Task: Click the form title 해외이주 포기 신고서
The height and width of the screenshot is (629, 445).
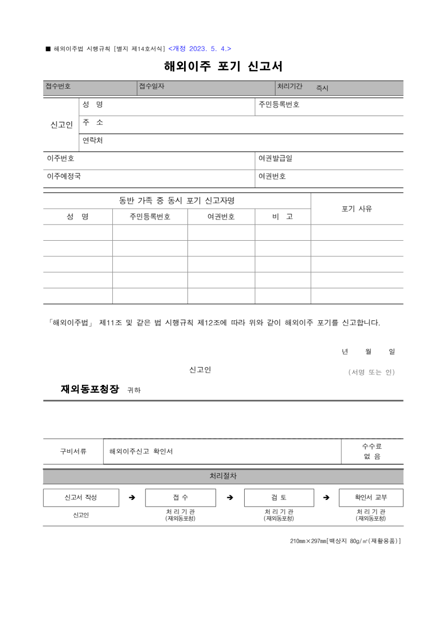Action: pos(223,66)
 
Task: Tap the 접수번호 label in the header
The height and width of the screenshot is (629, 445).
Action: pos(58,86)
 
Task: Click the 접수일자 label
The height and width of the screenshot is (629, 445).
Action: pos(152,86)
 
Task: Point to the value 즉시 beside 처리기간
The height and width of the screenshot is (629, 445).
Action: pos(322,88)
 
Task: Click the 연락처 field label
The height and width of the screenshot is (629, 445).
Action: pos(93,140)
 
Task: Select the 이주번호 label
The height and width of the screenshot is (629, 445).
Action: pos(60,158)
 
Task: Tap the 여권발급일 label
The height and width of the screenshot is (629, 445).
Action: pos(275,158)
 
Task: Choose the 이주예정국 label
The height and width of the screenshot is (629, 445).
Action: pos(63,176)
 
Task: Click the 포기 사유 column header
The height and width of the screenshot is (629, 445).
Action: pos(356,209)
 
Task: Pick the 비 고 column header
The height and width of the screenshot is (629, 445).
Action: pos(282,217)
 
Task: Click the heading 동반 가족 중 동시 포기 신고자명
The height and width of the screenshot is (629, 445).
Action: pos(177,200)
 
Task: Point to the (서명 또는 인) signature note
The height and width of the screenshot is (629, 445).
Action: pos(371,372)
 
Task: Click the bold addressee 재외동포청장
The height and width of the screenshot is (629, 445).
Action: pos(90,389)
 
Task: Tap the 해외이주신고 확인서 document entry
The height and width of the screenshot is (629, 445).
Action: pos(141,451)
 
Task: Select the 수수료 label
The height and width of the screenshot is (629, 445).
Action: pos(371,446)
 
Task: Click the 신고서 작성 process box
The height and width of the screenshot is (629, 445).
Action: pos(81,498)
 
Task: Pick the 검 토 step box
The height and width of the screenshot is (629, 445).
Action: pos(279,498)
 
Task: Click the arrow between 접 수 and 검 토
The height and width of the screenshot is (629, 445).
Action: pos(230,498)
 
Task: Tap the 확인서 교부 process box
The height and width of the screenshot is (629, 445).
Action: pos(371,498)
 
